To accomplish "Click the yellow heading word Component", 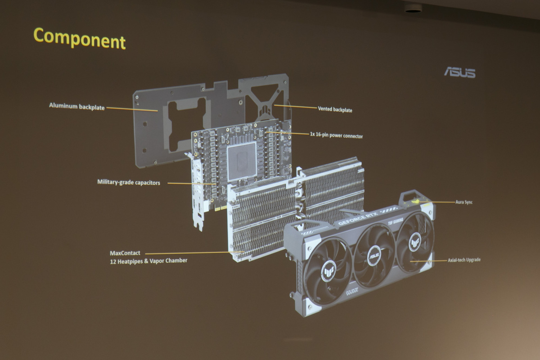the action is click(x=80, y=39).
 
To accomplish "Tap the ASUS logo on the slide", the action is click(x=460, y=73).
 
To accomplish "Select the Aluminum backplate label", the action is click(x=76, y=107).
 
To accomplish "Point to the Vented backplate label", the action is click(x=335, y=109).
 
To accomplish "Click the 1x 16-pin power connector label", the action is click(x=336, y=135).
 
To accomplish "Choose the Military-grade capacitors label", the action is click(x=129, y=182).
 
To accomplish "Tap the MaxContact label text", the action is click(x=125, y=253).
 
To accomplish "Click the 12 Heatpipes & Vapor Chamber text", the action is click(x=148, y=261).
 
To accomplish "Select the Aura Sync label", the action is click(x=464, y=202).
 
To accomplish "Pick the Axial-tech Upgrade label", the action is click(x=464, y=260).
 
